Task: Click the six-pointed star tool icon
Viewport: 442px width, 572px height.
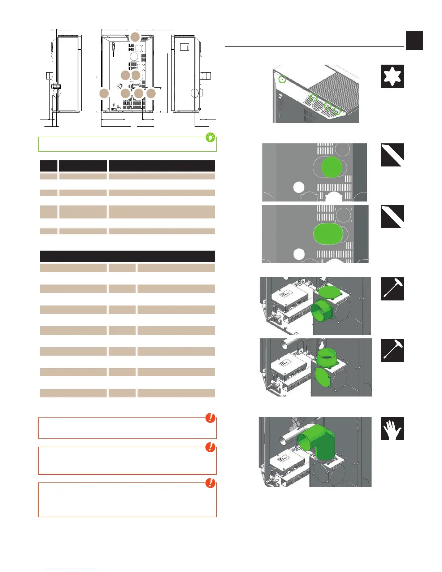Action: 392,76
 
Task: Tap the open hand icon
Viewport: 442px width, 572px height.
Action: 392,429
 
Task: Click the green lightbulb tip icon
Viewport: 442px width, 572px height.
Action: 210,138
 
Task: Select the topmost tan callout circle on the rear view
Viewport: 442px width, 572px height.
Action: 135,37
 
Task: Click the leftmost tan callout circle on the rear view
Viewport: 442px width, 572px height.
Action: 104,94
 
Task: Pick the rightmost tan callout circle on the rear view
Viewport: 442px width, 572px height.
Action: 151,94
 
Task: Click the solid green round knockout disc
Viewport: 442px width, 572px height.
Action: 331,167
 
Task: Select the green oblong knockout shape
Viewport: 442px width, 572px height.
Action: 328,233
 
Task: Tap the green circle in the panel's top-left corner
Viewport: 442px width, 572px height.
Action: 283,79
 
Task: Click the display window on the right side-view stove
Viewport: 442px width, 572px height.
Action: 185,47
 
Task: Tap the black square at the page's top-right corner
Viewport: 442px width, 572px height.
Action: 414,40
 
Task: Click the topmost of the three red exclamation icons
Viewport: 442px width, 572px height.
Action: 210,418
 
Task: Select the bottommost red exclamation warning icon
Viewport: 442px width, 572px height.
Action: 210,483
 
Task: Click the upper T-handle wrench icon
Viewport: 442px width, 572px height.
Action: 392,289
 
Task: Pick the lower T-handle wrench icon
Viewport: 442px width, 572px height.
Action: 392,350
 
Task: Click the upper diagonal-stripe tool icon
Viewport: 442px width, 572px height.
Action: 392,155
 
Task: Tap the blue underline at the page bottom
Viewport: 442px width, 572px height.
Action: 72,569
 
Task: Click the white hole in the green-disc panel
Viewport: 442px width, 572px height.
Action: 299,187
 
